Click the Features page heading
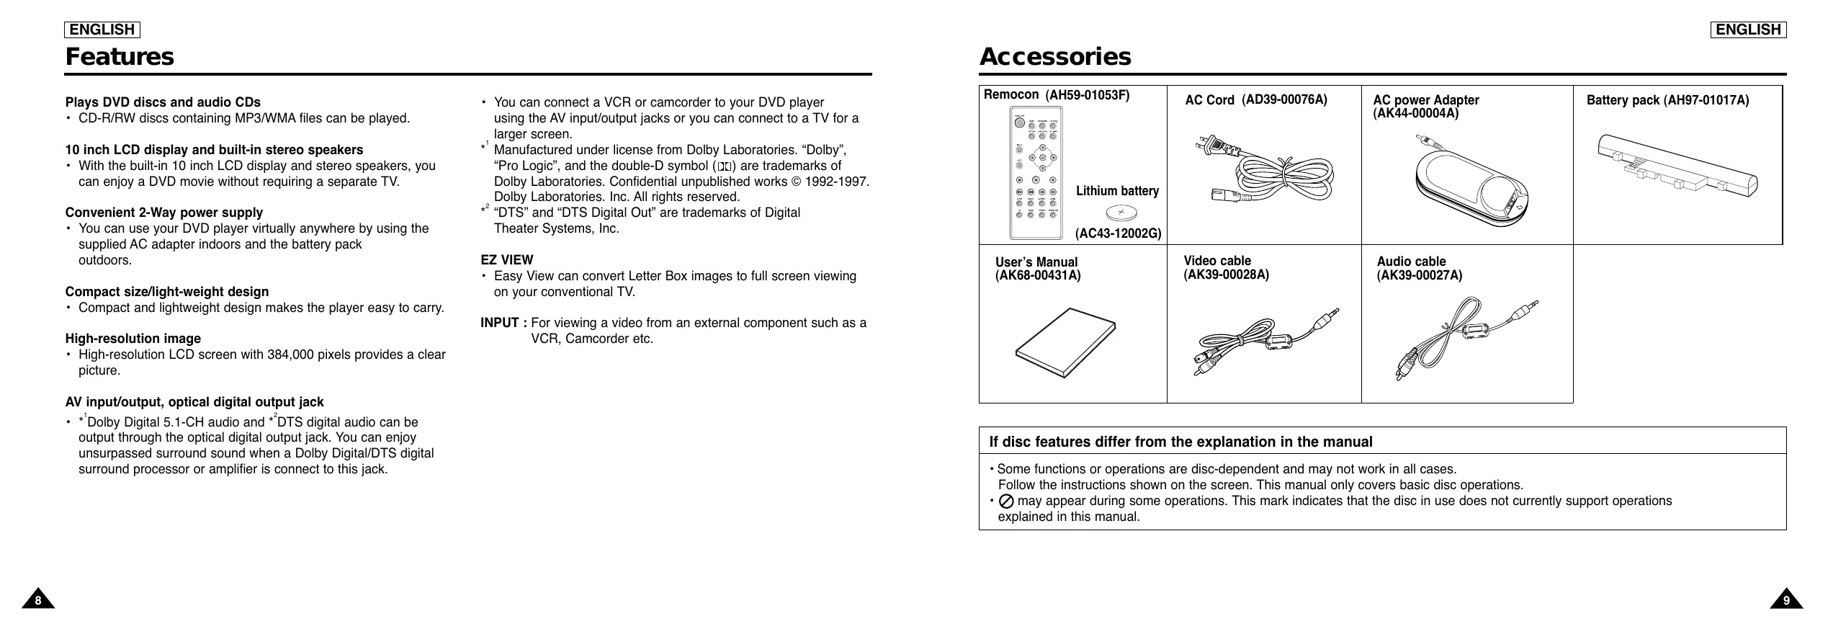(120, 57)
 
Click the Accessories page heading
(1054, 57)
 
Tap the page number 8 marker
(38, 599)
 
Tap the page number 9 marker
(1786, 599)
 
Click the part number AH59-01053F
(1088, 95)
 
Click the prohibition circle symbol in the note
(1007, 501)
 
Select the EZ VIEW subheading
(507, 260)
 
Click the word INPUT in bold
(500, 323)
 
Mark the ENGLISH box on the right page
(1748, 30)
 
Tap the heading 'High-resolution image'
(133, 339)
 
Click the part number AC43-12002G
(1119, 234)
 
